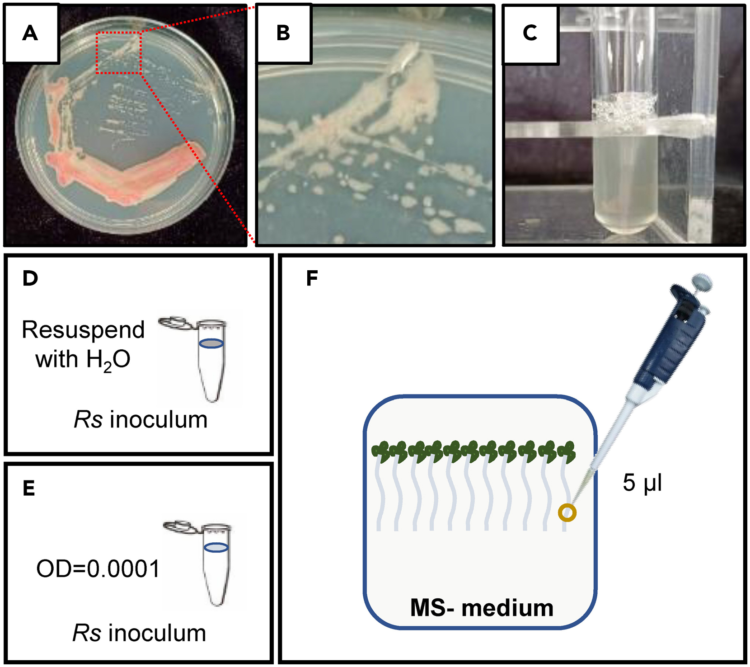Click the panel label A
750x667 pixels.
click(x=30, y=33)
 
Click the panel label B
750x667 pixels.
click(x=283, y=33)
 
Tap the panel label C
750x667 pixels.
click(x=530, y=33)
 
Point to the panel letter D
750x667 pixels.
click(x=30, y=278)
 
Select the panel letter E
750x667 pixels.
click(x=29, y=489)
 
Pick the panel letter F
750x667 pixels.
click(x=312, y=278)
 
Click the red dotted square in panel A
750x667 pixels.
click(x=118, y=53)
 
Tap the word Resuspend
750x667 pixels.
click(x=83, y=330)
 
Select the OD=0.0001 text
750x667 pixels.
click(x=98, y=568)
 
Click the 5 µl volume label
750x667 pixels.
click(x=642, y=483)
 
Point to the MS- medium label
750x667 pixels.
click(x=482, y=608)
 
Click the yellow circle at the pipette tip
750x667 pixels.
click(x=567, y=513)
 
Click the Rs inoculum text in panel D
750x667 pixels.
click(x=141, y=420)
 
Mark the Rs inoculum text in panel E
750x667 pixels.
click(x=139, y=633)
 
